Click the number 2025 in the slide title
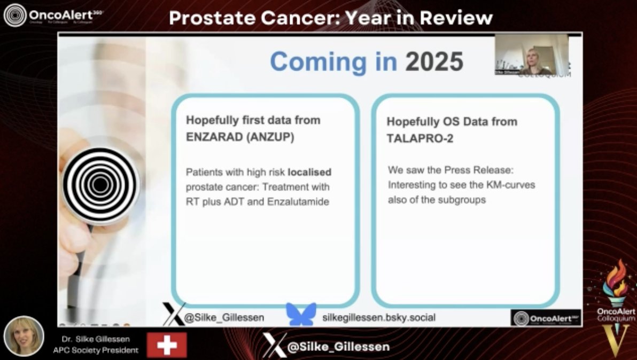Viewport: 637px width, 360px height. (x=434, y=62)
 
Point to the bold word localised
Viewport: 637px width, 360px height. (x=309, y=173)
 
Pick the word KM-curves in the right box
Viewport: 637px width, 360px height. (x=514, y=185)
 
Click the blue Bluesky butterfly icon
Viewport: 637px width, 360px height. (x=301, y=315)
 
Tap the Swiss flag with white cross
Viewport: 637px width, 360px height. (x=167, y=345)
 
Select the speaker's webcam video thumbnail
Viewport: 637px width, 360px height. (x=531, y=54)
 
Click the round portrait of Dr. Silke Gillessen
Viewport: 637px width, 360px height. (x=24, y=336)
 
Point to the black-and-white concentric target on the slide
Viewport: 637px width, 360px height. (x=99, y=184)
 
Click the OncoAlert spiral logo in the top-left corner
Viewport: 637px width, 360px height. (x=14, y=15)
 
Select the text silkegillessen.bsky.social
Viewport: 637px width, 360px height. (x=379, y=318)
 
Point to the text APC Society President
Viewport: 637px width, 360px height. (x=96, y=350)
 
